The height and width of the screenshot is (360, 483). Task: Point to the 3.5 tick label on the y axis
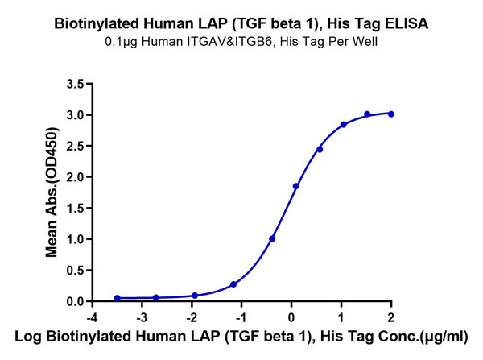click(75, 84)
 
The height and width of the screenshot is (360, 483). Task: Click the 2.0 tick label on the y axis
click(75, 177)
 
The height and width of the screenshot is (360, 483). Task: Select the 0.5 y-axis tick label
click(75, 271)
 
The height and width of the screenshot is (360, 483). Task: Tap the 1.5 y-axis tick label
click(75, 208)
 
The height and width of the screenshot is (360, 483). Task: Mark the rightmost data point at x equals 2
click(391, 114)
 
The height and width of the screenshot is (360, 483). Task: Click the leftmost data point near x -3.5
click(118, 298)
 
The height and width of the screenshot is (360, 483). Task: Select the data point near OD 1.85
click(296, 186)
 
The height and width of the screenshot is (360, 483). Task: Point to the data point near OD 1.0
click(272, 238)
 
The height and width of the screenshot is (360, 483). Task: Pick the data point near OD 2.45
click(320, 150)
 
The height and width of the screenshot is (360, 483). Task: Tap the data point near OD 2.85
click(344, 125)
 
